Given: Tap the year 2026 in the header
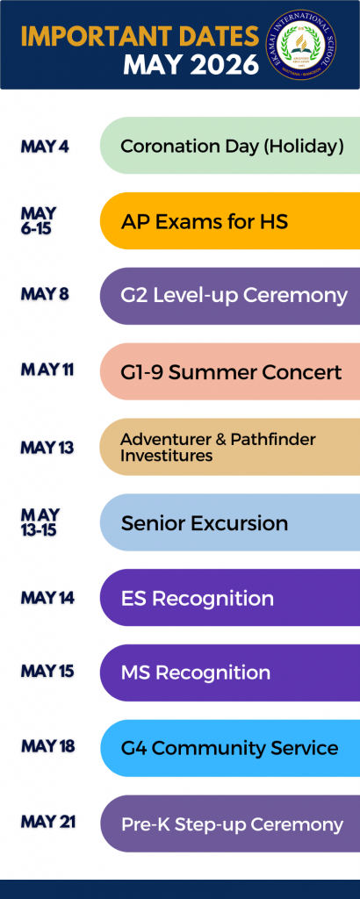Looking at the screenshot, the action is click(x=225, y=65).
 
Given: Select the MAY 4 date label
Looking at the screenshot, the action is click(x=45, y=147).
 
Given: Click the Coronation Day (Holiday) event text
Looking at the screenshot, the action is click(x=232, y=147).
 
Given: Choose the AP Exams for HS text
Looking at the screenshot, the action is click(x=204, y=221).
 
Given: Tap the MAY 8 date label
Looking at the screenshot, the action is click(x=45, y=294).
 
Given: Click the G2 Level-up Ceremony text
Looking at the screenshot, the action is click(x=234, y=296).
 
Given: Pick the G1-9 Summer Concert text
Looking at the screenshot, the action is click(x=231, y=372).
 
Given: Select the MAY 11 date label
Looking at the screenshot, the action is click(x=47, y=370).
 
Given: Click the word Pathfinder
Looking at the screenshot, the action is click(x=273, y=440).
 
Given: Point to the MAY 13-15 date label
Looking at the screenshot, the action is click(x=40, y=522).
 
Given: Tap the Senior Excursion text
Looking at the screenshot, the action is click(x=205, y=523).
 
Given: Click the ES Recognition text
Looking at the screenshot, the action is click(x=198, y=599).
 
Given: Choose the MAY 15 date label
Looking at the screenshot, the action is click(x=47, y=671).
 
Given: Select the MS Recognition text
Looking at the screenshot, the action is click(x=196, y=672).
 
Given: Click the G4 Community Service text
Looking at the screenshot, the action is click(x=229, y=748).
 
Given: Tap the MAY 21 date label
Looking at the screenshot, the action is click(x=48, y=822).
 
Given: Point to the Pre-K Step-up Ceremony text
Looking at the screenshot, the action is click(x=232, y=824).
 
